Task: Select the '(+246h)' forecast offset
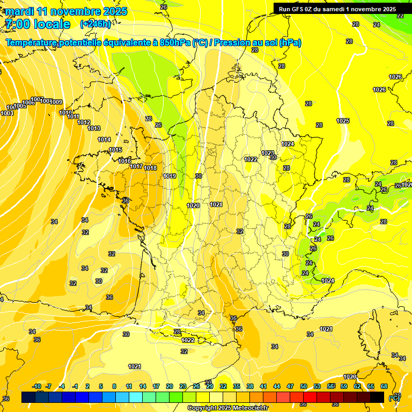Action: (x=95, y=24)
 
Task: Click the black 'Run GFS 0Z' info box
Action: (x=337, y=9)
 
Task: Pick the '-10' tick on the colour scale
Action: (x=37, y=386)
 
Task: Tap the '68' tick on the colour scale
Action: (x=384, y=386)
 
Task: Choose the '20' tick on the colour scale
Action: (x=169, y=386)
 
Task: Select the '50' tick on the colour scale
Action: (x=304, y=386)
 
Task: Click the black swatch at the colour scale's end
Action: (x=377, y=397)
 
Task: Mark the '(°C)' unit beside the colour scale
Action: (x=394, y=398)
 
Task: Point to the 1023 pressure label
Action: (x=268, y=153)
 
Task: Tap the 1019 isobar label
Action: (x=170, y=176)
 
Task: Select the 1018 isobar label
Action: (x=150, y=168)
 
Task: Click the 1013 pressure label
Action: (x=94, y=128)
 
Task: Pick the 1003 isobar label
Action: (x=7, y=113)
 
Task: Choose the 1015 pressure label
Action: (x=115, y=150)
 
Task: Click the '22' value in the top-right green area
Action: (x=400, y=16)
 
